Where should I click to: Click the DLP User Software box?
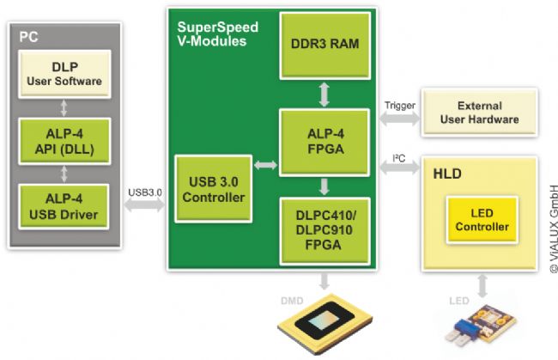64,74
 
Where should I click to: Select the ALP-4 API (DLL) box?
64,141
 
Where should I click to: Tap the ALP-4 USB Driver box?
64,206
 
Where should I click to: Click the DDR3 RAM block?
324,46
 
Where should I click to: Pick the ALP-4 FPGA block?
324,143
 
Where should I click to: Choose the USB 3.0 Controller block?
214,189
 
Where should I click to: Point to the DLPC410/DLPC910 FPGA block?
324,231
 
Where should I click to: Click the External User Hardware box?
479,113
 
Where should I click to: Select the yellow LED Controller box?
482,220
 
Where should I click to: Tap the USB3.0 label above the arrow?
145,192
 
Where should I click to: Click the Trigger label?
400,106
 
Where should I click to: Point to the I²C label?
399,158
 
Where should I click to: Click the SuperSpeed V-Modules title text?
218,34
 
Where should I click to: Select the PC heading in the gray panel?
28,37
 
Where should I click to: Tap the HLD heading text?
447,174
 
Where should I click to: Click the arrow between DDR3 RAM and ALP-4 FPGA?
324,95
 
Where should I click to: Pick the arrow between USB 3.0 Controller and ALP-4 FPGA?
266,165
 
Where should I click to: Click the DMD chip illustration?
324,323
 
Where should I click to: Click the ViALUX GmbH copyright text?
554,229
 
